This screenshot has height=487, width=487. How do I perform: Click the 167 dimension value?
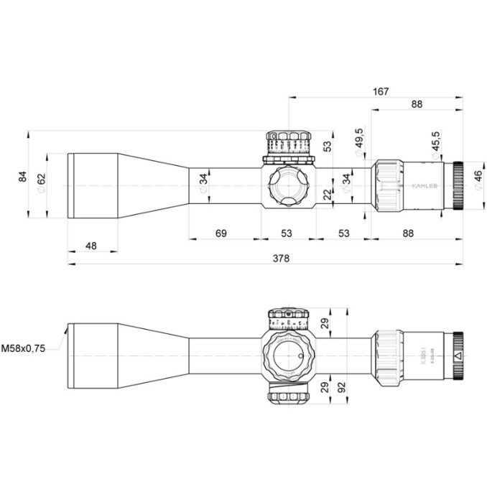[x=381, y=91]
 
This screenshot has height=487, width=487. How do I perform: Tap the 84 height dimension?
[x=22, y=175]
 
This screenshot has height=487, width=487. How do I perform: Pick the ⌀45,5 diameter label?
[x=435, y=143]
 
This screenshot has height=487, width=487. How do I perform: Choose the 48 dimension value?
[x=91, y=246]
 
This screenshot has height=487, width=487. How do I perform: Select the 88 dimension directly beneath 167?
[x=417, y=104]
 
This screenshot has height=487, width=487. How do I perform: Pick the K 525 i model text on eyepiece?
[x=419, y=352]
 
